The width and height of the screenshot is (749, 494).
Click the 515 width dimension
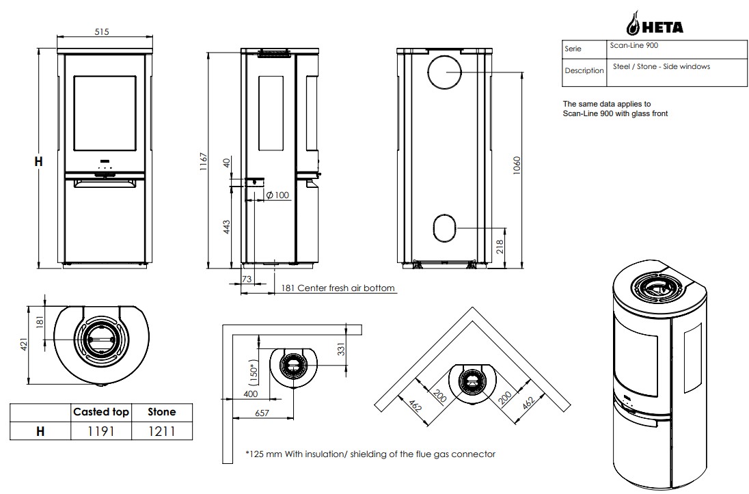pyautogui.click(x=102, y=32)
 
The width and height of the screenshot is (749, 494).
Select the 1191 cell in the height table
pyautogui.click(x=100, y=431)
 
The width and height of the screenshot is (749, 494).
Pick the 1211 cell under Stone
pyautogui.click(x=161, y=431)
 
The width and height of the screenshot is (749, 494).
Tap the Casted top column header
pyautogui.click(x=100, y=412)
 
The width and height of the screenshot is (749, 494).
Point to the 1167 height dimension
pyautogui.click(x=204, y=162)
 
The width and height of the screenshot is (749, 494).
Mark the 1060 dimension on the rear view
pyautogui.click(x=517, y=165)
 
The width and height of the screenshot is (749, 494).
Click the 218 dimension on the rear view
pyautogui.click(x=500, y=247)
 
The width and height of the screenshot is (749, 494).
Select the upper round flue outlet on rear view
pyautogui.click(x=445, y=72)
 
